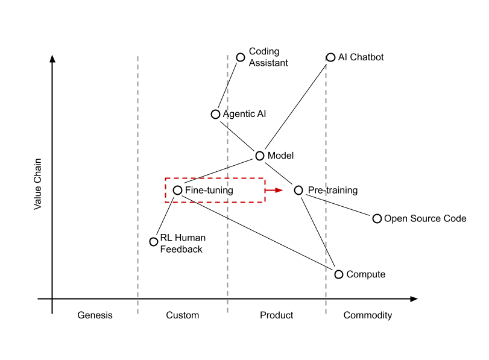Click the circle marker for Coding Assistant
point(241,57)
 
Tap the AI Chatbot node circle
point(330,57)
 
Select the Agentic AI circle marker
point(215,114)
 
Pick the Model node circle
point(260,156)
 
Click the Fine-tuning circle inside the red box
point(177,190)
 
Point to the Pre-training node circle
point(298,190)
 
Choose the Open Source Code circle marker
point(377,218)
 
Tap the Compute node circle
point(339,274)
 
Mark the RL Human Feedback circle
point(153,241)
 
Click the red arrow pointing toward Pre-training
point(274,190)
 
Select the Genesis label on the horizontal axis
point(95,315)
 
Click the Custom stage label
point(183,315)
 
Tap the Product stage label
point(277,315)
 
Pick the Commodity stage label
point(368,315)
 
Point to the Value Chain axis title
point(37,184)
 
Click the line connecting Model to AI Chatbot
point(295,107)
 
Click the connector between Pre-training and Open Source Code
point(338,205)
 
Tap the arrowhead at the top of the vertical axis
point(52,58)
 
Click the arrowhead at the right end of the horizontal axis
point(414,299)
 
